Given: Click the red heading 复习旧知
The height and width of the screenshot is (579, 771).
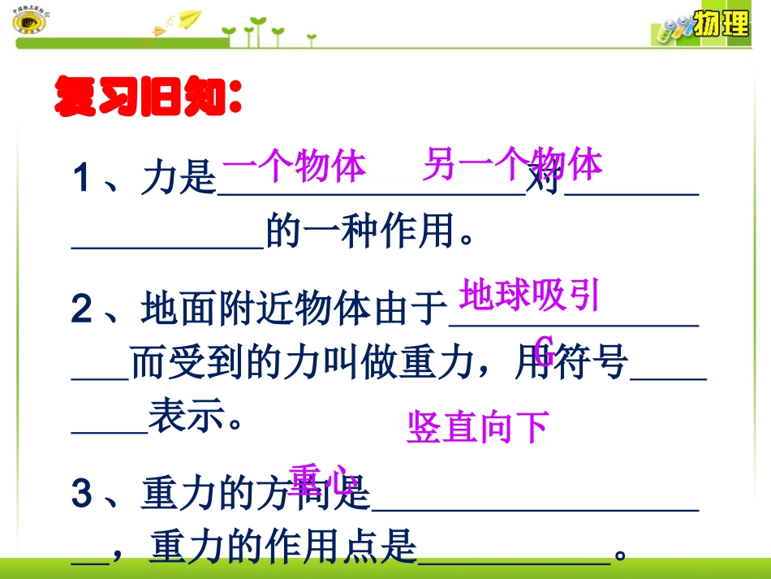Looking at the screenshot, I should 146,98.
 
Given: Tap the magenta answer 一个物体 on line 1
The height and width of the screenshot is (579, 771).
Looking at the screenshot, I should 293,167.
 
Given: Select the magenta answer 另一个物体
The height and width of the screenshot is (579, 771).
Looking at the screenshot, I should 512,165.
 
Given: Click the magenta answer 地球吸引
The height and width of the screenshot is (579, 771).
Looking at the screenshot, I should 529,296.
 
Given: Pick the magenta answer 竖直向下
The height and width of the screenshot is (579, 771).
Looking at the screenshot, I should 478,428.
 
